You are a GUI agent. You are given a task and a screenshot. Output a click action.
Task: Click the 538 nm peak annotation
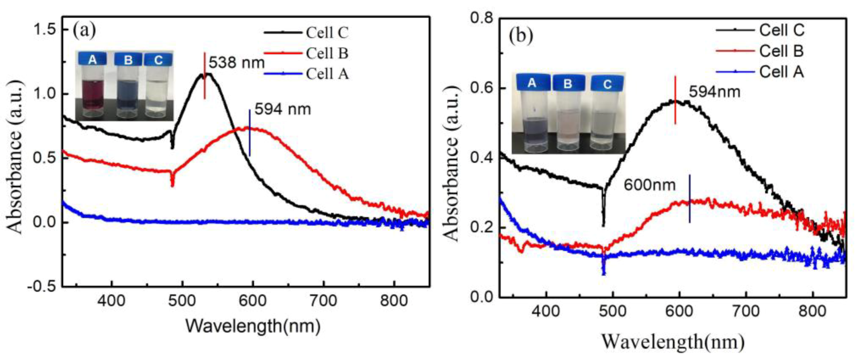[x=236, y=63]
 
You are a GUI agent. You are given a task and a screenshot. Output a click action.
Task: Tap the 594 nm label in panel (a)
[x=282, y=109]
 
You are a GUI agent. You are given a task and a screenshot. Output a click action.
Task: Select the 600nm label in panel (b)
[x=649, y=185]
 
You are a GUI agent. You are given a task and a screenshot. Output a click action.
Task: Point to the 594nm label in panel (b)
[x=714, y=92]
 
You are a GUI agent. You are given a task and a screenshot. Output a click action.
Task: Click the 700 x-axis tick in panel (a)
[x=323, y=301]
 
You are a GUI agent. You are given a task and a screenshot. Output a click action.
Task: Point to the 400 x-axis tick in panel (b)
[x=546, y=312]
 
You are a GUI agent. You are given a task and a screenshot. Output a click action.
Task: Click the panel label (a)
[x=84, y=30]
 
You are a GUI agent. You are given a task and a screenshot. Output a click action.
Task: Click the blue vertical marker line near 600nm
[x=690, y=198]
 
